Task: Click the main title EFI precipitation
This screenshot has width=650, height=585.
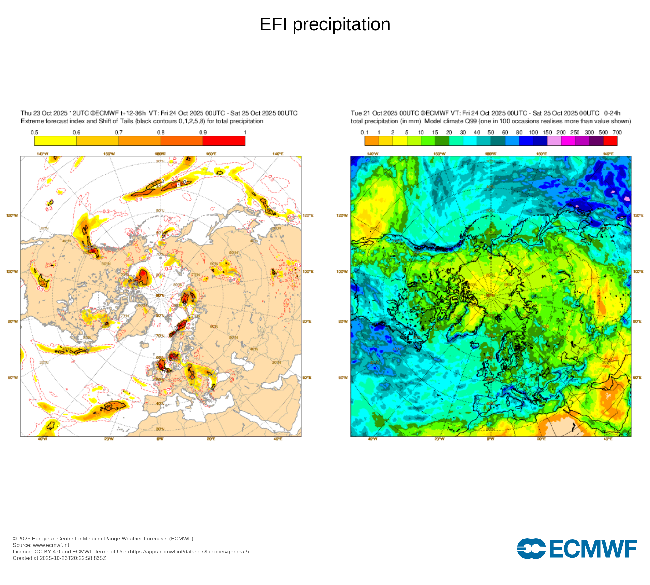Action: pos(325,24)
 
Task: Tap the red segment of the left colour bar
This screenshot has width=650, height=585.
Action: pos(224,141)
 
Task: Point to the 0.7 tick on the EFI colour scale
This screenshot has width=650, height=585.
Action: pos(119,133)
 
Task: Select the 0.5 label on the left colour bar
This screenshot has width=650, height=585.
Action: pos(34,133)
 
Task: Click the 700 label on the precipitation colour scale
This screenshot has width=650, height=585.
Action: pos(617,133)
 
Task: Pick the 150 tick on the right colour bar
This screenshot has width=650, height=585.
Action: pos(547,133)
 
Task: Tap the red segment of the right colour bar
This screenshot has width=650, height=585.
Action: pos(610,141)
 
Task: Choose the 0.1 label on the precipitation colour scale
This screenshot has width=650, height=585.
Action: pos(365,133)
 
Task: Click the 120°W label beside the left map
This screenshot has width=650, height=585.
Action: pos(12,215)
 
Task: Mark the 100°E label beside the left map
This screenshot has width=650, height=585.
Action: pos(308,271)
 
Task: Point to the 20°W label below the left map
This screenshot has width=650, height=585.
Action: pos(109,439)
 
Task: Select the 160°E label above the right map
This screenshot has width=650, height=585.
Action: pos(541,154)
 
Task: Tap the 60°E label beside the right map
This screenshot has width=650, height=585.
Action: pos(637,377)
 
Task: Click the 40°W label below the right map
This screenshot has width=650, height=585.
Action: pos(372,439)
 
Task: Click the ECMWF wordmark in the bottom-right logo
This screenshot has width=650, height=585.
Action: pos(593,549)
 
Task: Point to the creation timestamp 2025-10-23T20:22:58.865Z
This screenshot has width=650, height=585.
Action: pos(73,558)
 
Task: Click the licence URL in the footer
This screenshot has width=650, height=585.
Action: pos(188,552)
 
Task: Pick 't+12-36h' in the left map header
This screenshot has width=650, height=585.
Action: pos(133,113)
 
